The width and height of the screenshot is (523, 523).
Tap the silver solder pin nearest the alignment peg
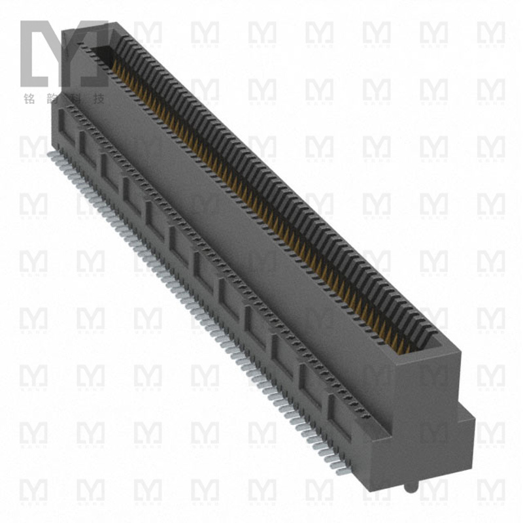click(340, 469)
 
